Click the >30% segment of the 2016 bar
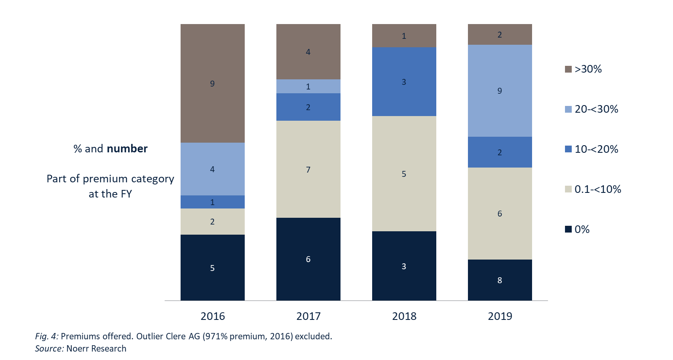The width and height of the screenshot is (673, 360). tap(213, 83)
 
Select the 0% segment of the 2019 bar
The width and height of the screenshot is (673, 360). tap(500, 280)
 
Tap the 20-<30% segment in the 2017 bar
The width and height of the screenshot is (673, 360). tap(308, 86)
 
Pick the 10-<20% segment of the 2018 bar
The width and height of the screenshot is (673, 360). tap(404, 81)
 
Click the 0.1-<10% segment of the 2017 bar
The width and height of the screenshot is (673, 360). tap(308, 169)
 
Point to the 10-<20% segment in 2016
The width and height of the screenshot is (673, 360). tap(213, 202)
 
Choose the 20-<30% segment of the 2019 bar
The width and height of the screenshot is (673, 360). tap(500, 90)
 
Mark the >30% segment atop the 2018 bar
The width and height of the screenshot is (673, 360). tap(404, 35)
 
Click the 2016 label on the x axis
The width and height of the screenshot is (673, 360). tap(213, 316)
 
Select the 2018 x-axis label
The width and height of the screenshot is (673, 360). tap(404, 316)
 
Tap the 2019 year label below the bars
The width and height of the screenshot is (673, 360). tap(500, 316)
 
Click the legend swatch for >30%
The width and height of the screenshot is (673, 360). tap(568, 69)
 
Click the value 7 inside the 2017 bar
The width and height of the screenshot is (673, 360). tap(308, 170)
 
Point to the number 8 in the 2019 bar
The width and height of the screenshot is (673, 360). tap(500, 280)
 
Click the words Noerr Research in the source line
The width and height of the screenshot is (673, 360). tap(96, 349)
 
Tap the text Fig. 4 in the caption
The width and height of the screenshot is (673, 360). tap(46, 336)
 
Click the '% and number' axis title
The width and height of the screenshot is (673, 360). tap(111, 149)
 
